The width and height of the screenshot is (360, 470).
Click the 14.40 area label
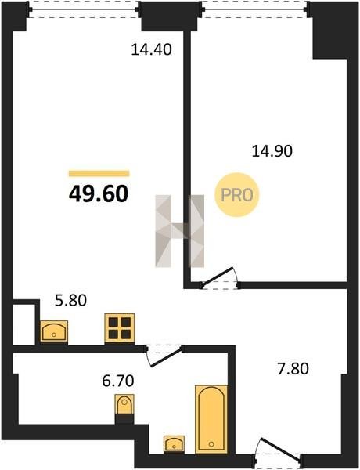(x=152, y=49)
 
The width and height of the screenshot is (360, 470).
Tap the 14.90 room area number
(x=272, y=150)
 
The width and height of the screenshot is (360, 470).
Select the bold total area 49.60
(x=99, y=193)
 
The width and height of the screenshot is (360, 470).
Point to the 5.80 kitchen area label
(x=71, y=300)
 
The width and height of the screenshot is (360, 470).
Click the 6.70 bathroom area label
(x=118, y=381)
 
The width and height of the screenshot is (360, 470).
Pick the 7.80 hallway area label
(x=293, y=369)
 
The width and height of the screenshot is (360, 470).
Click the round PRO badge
(x=236, y=195)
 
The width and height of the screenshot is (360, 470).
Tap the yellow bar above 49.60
(x=99, y=174)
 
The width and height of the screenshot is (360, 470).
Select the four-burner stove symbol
(x=120, y=328)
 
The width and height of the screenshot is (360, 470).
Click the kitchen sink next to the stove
(x=54, y=331)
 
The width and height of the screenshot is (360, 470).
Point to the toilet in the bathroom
(x=124, y=404)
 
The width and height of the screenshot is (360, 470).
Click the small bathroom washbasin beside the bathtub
(x=174, y=443)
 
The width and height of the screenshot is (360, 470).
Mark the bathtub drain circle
(x=212, y=443)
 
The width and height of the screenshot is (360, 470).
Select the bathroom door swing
(x=164, y=356)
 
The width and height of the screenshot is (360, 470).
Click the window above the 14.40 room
(x=84, y=9)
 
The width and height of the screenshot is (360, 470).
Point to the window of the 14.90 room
(x=255, y=9)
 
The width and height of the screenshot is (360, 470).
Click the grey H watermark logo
(x=180, y=231)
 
